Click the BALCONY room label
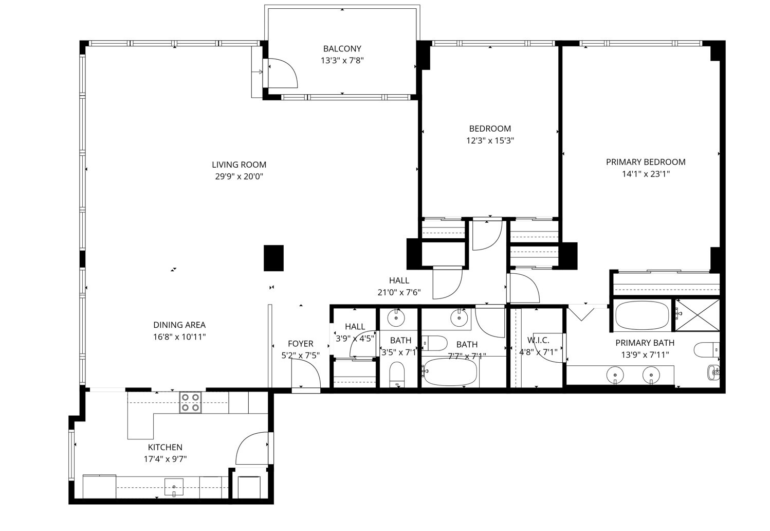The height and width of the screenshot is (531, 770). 342,49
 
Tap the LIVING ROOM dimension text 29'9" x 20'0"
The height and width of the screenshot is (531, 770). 239,176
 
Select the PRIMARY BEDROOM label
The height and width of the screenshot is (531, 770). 645,162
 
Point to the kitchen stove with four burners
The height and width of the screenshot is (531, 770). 190,402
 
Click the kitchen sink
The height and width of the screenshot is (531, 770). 174,486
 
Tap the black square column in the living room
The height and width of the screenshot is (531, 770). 273,258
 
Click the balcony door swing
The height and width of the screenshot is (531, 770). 282,73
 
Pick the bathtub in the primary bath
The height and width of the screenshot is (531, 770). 642,316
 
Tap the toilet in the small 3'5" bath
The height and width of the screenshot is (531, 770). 397,374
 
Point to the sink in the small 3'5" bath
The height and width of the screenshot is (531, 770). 396,317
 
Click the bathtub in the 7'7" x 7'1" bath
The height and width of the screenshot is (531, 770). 451,372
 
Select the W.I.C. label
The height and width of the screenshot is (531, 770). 538,340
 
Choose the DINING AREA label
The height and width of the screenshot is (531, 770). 179,325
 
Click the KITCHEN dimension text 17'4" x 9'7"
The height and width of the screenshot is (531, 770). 165,459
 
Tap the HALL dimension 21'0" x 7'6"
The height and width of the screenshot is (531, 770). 399,293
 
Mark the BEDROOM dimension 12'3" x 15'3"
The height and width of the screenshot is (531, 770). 490,140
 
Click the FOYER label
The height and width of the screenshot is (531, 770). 300,344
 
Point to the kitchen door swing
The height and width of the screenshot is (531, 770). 251,449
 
